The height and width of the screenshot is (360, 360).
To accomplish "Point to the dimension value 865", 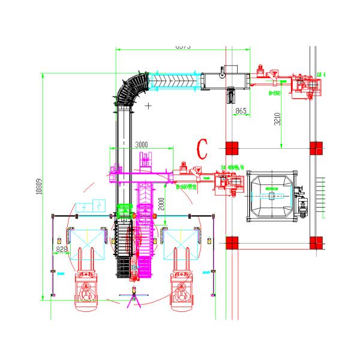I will tap(241, 111).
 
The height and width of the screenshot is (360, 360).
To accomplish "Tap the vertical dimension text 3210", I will tap(277, 122).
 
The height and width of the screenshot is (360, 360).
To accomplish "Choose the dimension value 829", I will tap(61, 248).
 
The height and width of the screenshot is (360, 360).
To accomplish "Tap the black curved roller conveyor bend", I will tap(133, 90).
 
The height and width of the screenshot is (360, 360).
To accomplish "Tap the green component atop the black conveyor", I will tap(124, 211).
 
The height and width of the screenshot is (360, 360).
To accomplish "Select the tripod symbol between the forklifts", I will tap(134, 297).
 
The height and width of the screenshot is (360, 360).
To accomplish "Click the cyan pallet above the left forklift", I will tap(86, 246).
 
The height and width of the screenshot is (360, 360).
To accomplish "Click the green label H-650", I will tap(275, 93).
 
